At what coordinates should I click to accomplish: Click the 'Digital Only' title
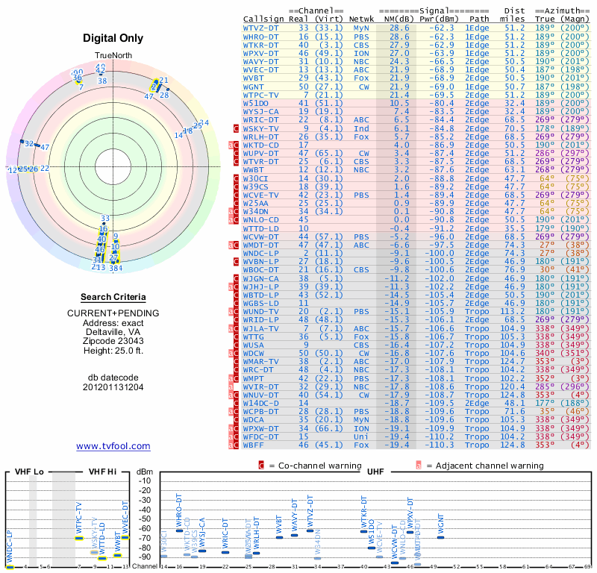pos(113,38)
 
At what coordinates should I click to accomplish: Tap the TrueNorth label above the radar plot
pos(113,57)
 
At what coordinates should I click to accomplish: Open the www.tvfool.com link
pos(113,446)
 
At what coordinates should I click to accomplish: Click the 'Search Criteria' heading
pos(113,296)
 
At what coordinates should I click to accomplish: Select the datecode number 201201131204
pos(113,387)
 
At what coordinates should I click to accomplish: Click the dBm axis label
pos(144,472)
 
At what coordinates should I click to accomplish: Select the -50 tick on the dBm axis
pos(144,519)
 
